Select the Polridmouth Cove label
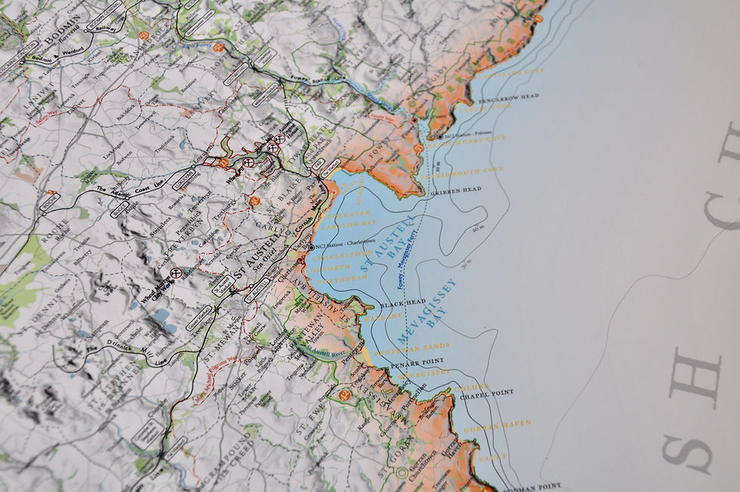pos(472,171)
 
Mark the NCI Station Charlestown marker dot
pos(311,247)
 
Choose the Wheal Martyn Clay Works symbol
pos(176,273)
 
